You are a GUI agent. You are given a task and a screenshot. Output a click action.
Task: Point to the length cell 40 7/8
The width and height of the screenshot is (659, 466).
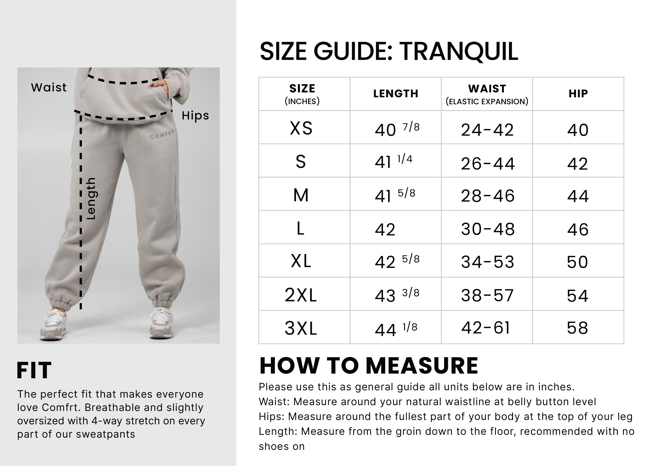397,129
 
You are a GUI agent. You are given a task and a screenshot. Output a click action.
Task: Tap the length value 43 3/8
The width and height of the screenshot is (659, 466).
397,295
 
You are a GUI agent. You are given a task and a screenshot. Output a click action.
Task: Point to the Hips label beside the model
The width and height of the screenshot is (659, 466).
195,116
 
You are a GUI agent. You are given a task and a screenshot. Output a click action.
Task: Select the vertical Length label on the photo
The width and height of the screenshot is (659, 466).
91,199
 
